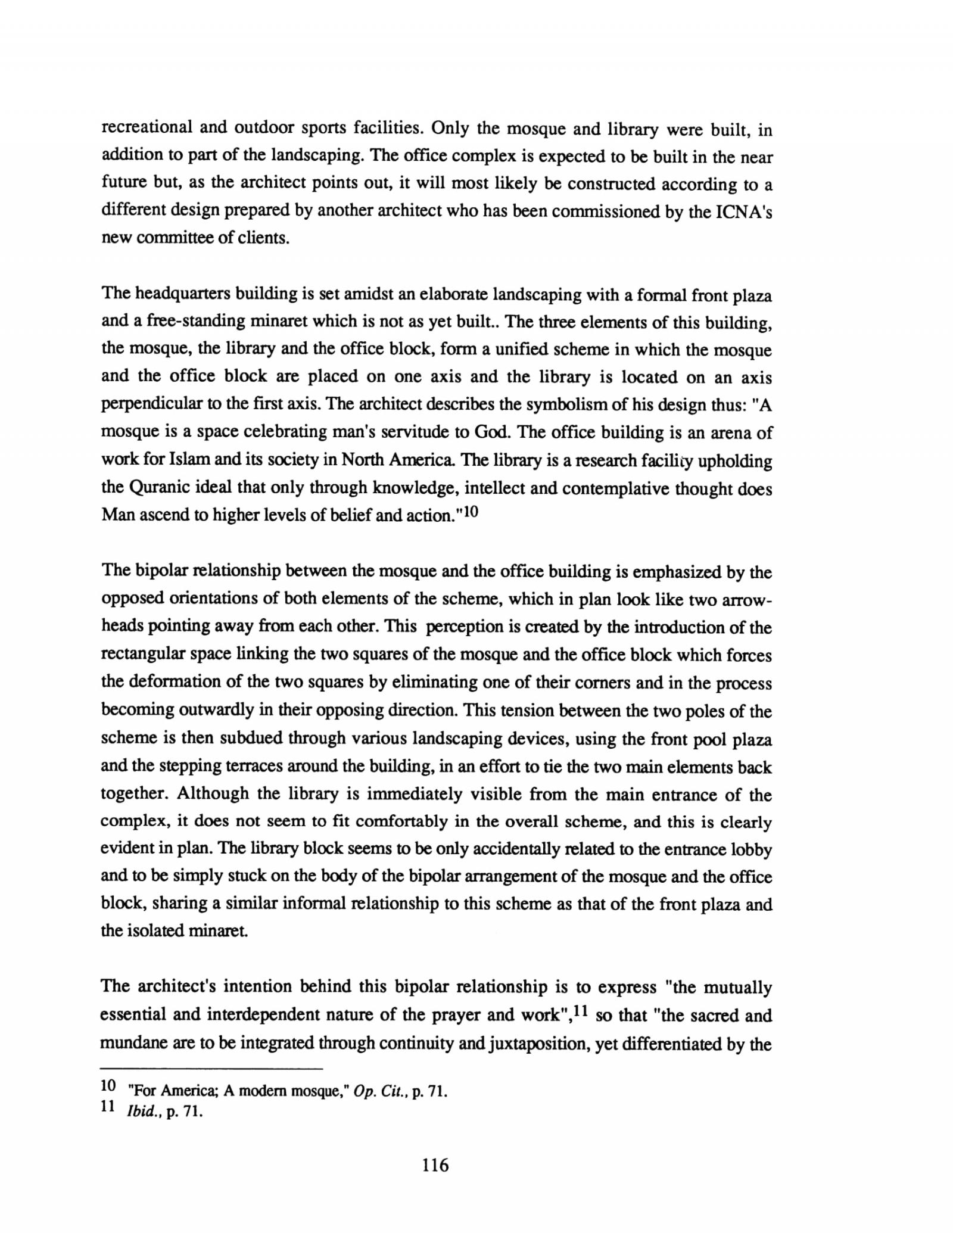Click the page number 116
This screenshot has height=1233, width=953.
click(435, 1164)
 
